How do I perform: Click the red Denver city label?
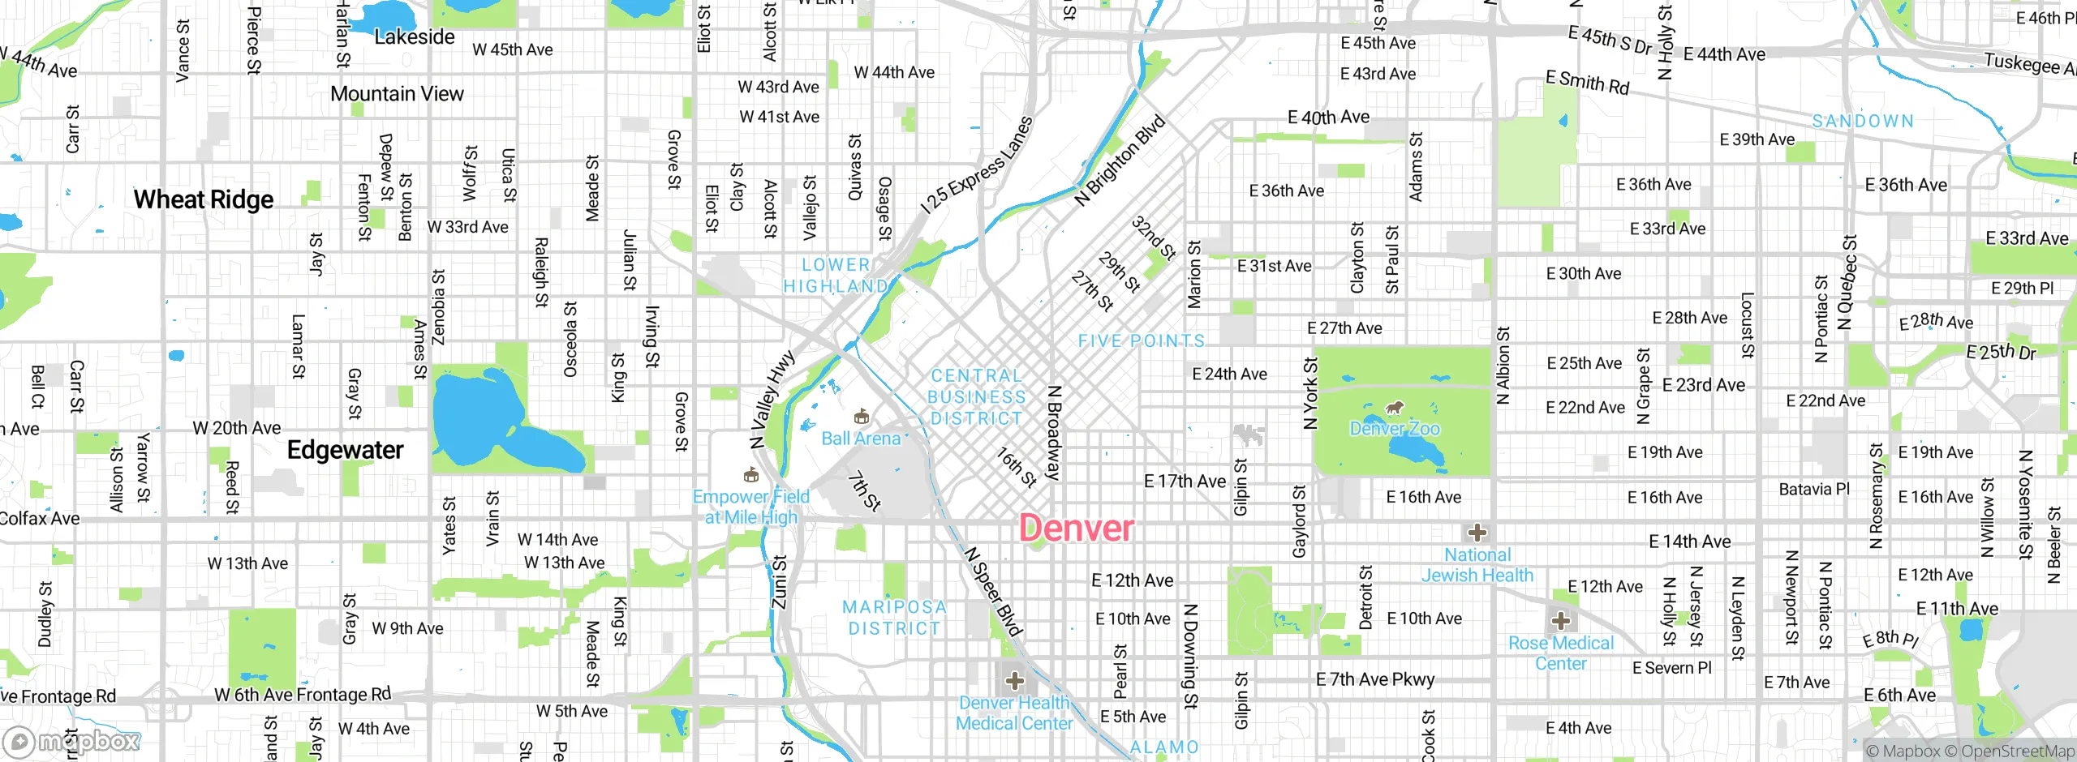coord(1076,529)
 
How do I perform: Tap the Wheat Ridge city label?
coord(204,199)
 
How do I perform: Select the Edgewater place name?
coord(345,450)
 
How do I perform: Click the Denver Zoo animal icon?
coord(1395,408)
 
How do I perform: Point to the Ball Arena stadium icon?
coord(861,417)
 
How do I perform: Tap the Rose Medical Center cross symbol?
coord(1560,622)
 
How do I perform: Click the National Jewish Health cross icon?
coord(1477,533)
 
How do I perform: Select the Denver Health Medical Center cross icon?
coord(1014,680)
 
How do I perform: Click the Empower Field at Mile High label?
coord(750,507)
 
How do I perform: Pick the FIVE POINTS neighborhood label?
coord(1141,341)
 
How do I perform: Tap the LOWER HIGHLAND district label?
coord(836,276)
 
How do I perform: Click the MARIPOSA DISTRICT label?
coord(894,618)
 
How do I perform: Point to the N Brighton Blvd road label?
coord(1120,161)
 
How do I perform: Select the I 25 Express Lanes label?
coord(977,165)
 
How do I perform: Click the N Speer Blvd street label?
coord(993,591)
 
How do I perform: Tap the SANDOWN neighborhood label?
coord(1863,122)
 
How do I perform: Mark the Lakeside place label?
coord(415,37)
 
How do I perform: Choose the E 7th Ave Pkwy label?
coord(1374,679)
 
